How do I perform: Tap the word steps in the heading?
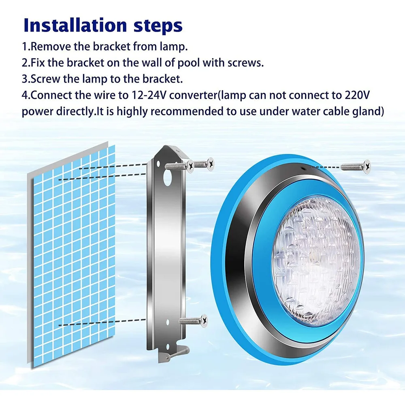[x=156, y=26]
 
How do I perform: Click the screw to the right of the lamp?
[x=356, y=166]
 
